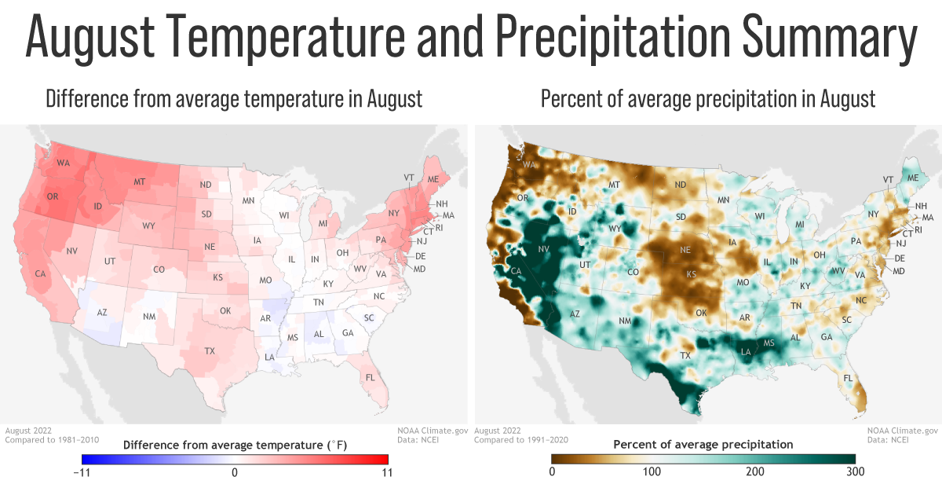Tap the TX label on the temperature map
(x=210, y=350)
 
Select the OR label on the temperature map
(x=53, y=196)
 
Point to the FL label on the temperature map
(x=370, y=377)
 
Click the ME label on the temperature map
(x=433, y=179)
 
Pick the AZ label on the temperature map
(x=101, y=312)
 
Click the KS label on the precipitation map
(x=692, y=275)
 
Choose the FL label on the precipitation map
(x=848, y=378)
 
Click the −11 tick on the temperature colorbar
(x=82, y=472)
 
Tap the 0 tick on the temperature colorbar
(x=235, y=472)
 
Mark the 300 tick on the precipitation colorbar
(x=856, y=472)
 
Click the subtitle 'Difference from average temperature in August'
(x=234, y=100)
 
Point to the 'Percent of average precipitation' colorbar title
(x=703, y=445)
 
